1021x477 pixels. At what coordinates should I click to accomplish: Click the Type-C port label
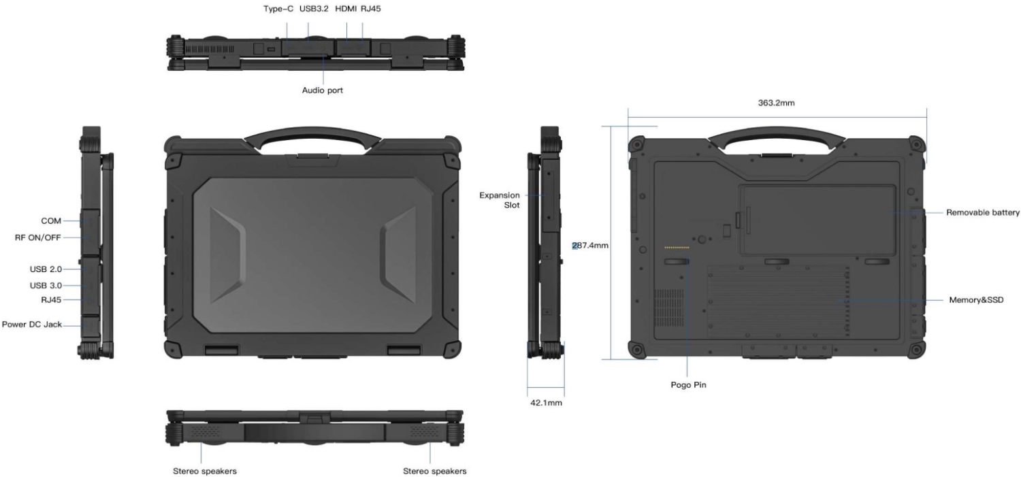pos(278,9)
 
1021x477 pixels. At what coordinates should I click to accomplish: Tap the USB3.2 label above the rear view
pos(314,9)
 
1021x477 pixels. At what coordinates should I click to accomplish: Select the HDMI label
pos(346,9)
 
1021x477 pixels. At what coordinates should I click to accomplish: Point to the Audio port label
pos(322,91)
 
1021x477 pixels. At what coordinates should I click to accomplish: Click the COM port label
pos(51,221)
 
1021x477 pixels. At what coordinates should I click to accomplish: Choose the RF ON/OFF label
pos(38,237)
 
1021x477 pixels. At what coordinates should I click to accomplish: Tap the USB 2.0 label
pos(46,269)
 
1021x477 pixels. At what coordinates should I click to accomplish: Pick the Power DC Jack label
pos(32,325)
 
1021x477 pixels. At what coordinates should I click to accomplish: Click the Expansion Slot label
pos(499,200)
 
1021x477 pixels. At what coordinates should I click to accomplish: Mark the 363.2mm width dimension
pos(776,103)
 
